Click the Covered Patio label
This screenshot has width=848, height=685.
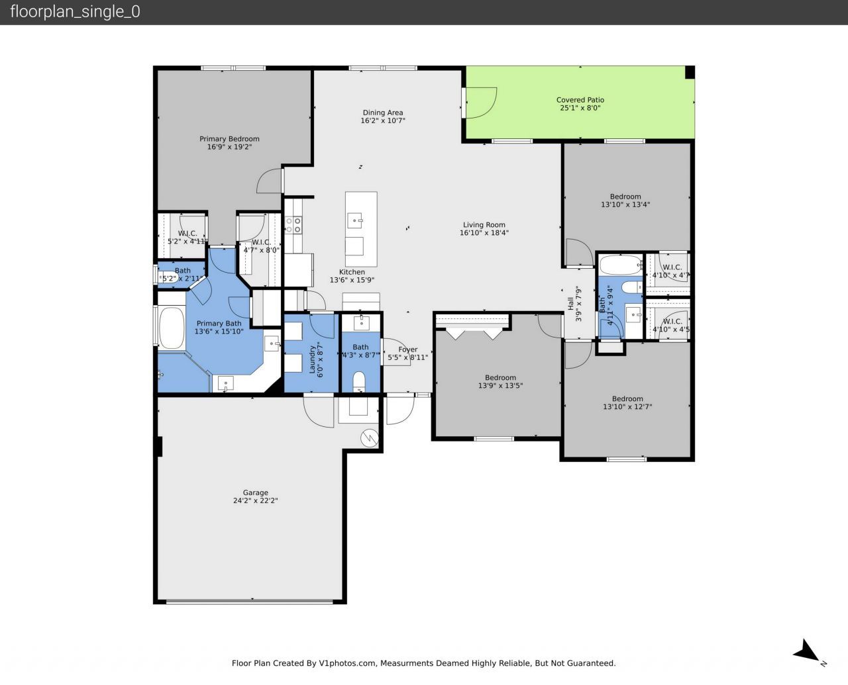[580, 100]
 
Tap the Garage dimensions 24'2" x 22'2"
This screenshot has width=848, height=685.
[255, 501]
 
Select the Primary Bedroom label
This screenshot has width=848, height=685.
[229, 139]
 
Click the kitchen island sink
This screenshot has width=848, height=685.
[356, 219]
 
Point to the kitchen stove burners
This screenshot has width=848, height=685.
[293, 225]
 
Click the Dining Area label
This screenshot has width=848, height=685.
[382, 113]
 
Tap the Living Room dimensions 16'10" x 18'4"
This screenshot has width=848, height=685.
[484, 233]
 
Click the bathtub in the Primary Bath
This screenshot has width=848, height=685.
[171, 328]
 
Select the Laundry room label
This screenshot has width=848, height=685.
[311, 358]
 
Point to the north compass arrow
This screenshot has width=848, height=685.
[808, 650]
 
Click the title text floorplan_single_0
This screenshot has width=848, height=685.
[75, 12]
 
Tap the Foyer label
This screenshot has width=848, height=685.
[407, 349]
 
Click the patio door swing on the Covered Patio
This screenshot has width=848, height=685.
[480, 103]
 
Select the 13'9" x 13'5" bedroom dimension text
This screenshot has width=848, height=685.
[500, 385]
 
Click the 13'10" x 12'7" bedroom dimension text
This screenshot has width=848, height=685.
[627, 407]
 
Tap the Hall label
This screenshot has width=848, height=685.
[570, 303]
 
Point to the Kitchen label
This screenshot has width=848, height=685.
[352, 272]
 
